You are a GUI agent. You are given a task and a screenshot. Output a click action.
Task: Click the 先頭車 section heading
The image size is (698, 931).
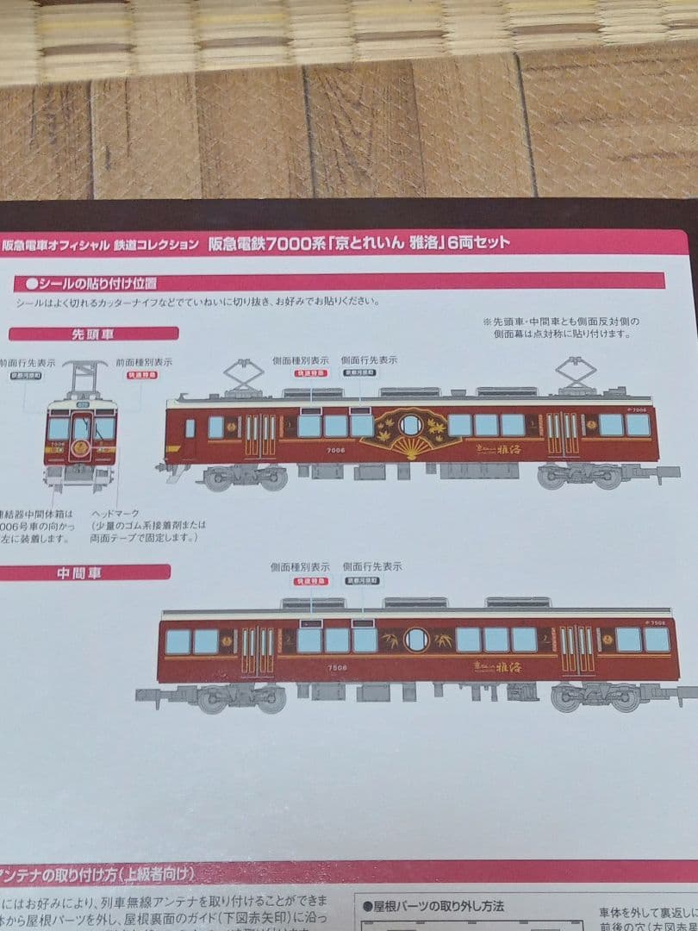coord(93,334)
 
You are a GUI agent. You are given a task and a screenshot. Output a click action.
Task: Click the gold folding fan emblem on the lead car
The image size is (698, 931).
coord(411,434)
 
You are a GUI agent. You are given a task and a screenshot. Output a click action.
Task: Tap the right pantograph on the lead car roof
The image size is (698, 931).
coord(576,372)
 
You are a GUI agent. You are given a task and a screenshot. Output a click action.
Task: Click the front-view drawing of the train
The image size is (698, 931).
coord(81,431)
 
